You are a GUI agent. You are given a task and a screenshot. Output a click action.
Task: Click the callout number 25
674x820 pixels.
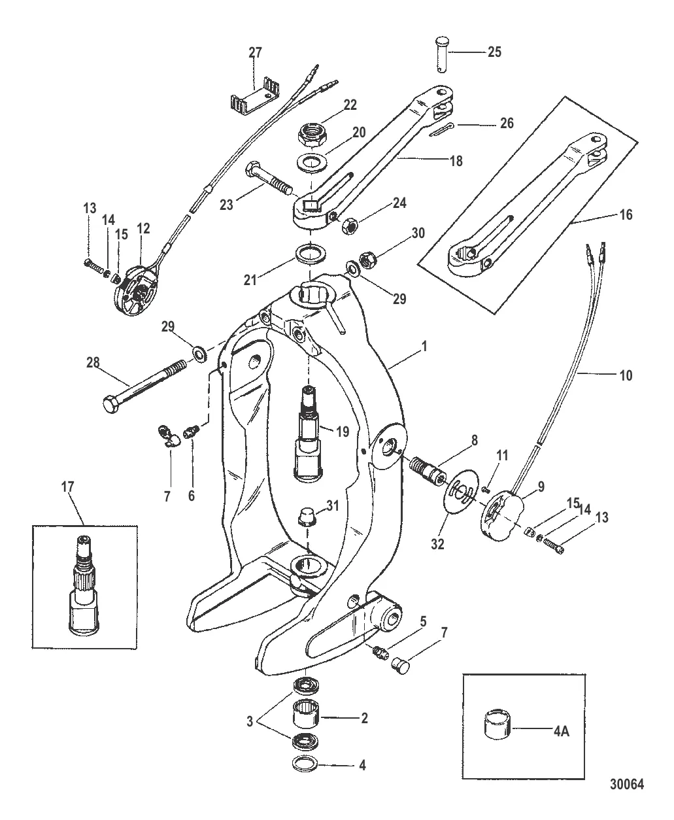coord(494,52)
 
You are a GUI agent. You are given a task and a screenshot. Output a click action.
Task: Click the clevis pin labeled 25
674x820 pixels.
coord(443,56)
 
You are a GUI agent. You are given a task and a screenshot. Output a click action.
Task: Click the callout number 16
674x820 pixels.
coord(626,214)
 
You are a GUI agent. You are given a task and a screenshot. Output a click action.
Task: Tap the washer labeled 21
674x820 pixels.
coord(309,254)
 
